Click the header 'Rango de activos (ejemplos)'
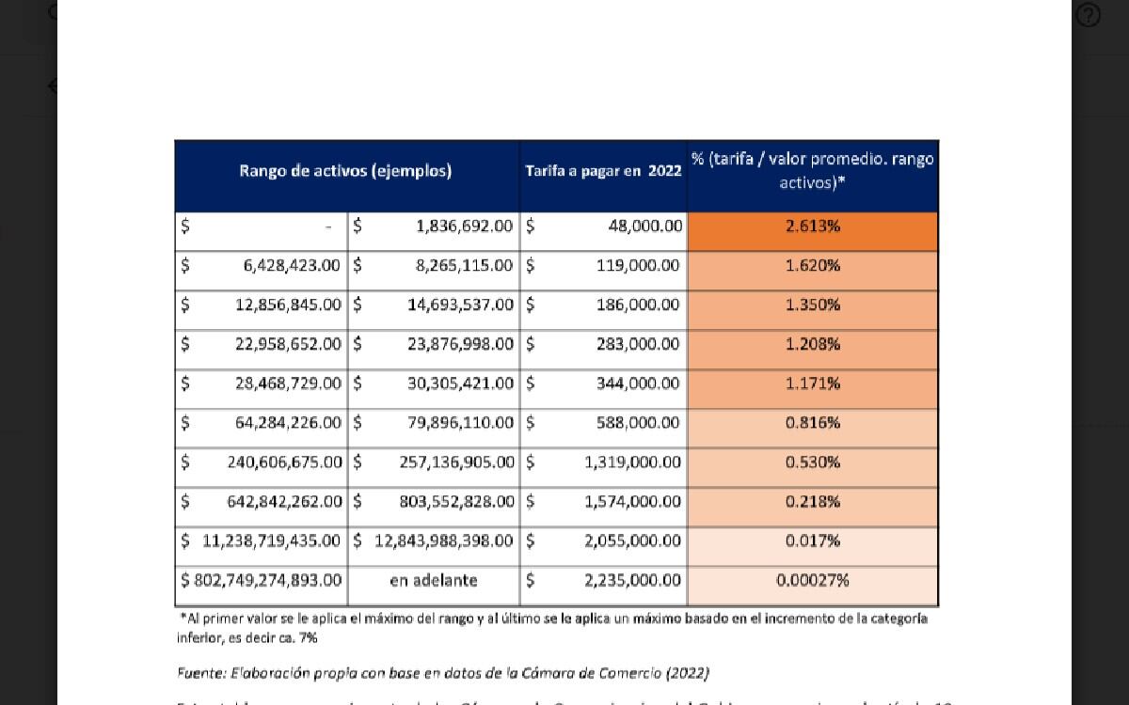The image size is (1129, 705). point(345,171)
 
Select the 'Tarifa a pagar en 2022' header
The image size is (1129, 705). point(603,171)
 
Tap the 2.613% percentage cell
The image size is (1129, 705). point(813,227)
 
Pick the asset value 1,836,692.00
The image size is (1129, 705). point(464,227)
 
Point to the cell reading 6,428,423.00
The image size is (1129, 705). point(292,266)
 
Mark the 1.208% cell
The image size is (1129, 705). point(813,344)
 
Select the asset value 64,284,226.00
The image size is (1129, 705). point(288,423)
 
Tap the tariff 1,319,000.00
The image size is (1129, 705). point(631,462)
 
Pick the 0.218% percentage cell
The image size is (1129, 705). point(813,502)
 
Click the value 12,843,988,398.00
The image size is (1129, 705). point(444,541)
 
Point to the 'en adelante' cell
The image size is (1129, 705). point(434,581)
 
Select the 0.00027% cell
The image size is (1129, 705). point(813,581)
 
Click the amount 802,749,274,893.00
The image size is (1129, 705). point(268,581)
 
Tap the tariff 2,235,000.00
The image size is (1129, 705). point(631,581)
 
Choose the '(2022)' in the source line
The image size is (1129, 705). point(687,673)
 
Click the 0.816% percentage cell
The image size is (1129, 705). point(813,423)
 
